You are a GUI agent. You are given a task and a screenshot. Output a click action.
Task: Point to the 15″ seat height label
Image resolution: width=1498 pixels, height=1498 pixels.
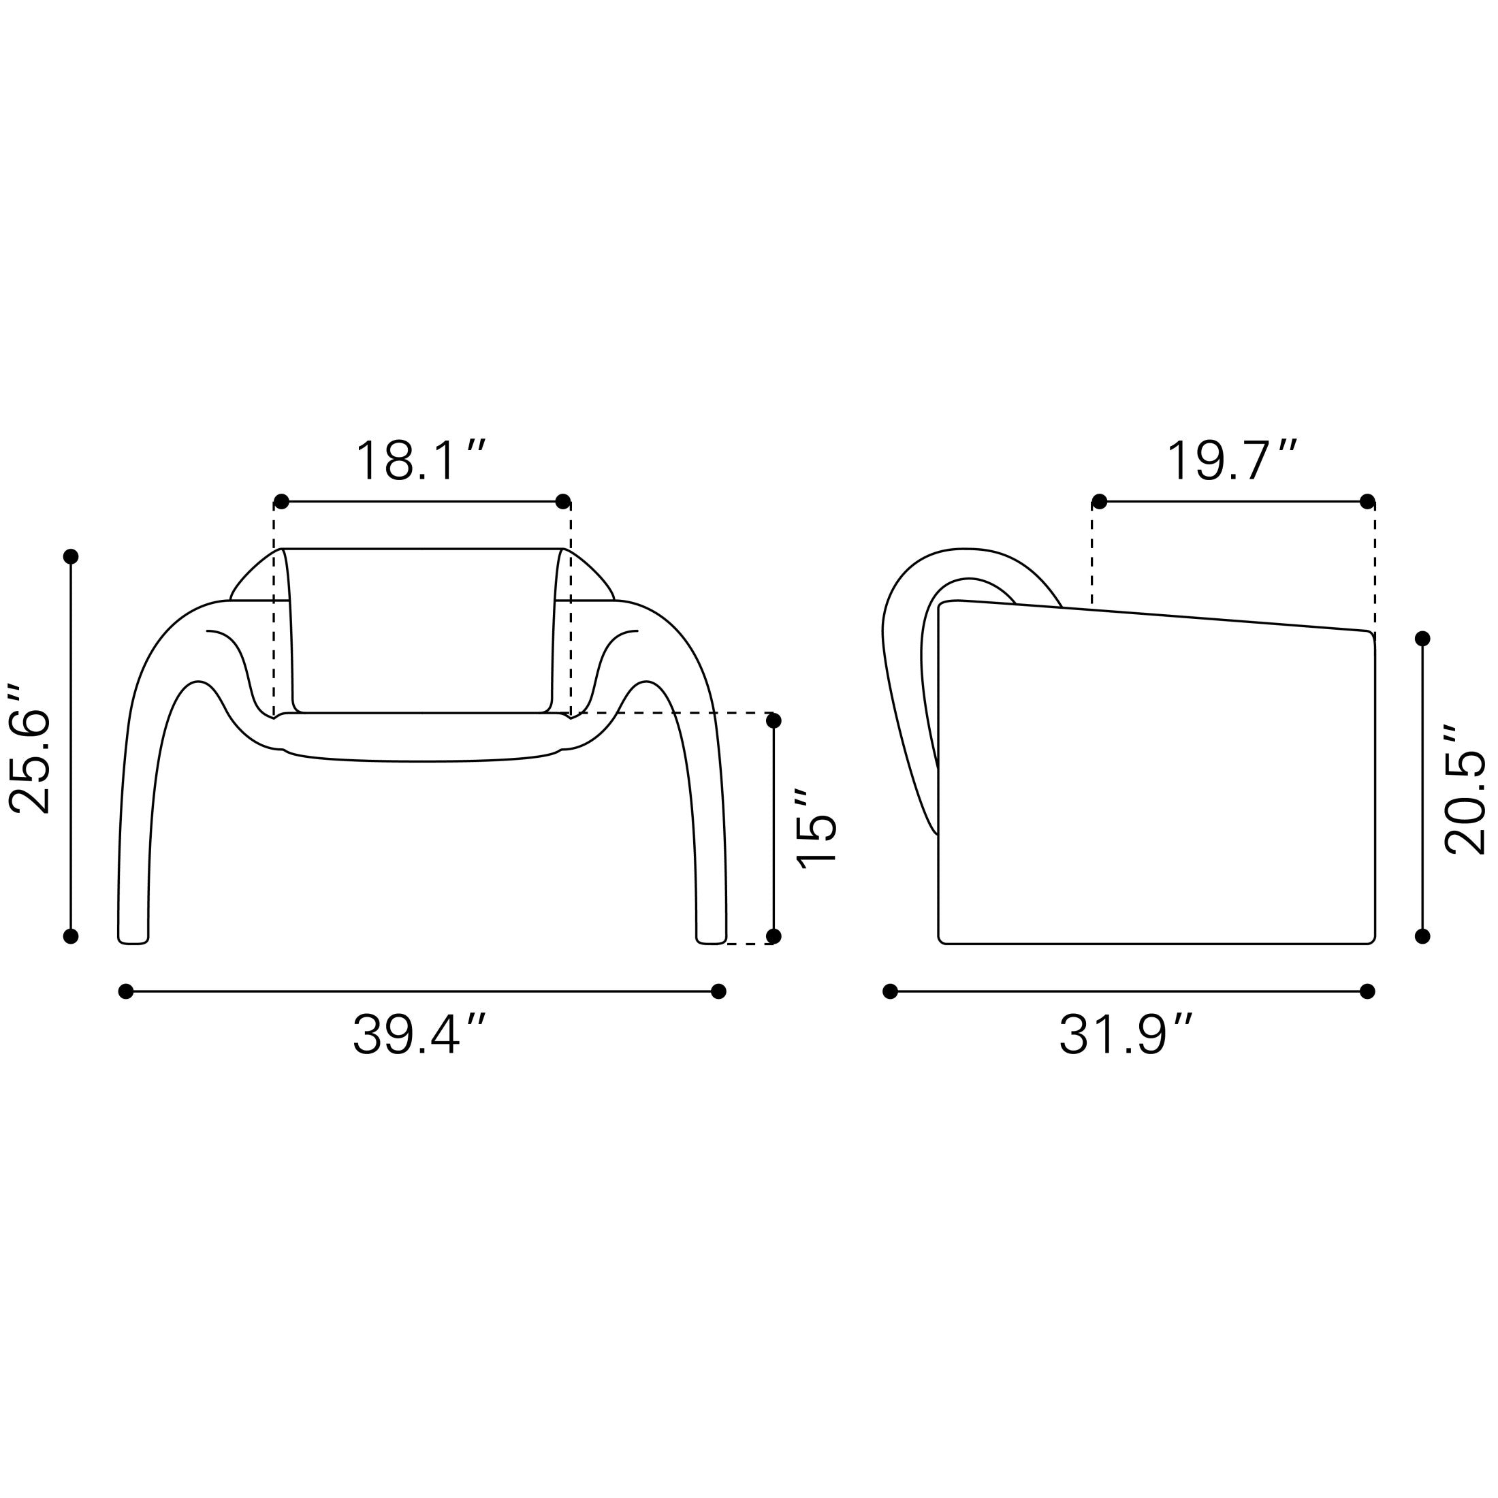pos(816,828)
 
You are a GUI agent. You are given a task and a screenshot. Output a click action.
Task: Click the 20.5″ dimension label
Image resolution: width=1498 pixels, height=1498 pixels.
pos(1464,789)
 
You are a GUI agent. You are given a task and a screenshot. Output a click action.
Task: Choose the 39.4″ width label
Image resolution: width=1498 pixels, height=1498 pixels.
pos(419,1035)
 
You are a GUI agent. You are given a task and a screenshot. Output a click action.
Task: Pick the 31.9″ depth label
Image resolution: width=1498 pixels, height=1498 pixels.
pos(1126,1035)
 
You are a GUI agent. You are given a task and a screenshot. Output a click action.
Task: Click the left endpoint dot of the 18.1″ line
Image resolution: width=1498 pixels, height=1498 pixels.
pos(281,502)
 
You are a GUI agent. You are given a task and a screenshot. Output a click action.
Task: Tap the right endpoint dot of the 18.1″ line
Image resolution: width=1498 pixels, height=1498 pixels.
pos(564,502)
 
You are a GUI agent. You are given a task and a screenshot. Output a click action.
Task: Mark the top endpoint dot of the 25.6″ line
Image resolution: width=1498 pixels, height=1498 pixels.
pos(71,557)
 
